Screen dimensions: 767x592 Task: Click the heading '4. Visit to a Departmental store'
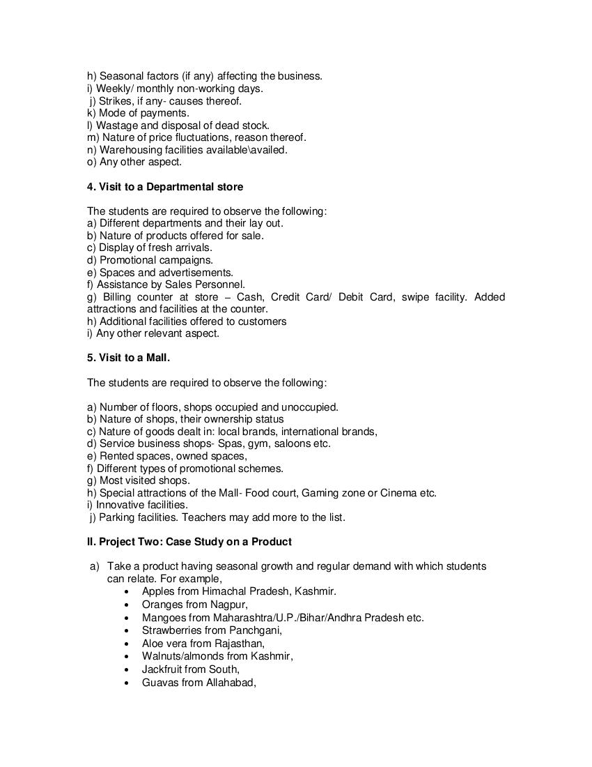(x=165, y=187)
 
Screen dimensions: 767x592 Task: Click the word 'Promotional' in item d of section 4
(x=127, y=260)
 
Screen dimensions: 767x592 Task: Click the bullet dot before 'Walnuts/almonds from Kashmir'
(x=125, y=657)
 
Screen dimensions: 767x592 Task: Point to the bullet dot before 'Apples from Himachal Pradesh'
(x=125, y=591)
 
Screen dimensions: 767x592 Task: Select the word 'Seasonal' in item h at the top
(x=121, y=76)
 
